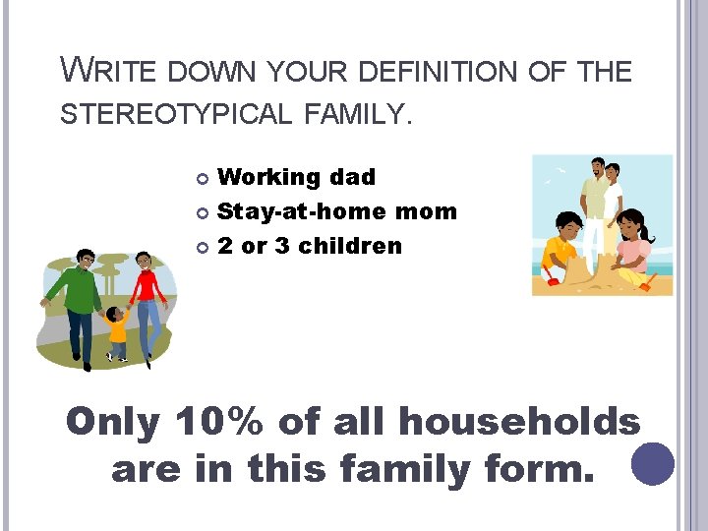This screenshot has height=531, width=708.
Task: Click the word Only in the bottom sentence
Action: click(112, 422)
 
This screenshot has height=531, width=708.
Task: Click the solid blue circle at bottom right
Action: click(653, 464)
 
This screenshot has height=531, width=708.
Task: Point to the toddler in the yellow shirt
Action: click(117, 332)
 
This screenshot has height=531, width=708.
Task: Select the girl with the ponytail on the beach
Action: click(633, 246)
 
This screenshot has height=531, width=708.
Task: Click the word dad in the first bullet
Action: click(353, 178)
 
